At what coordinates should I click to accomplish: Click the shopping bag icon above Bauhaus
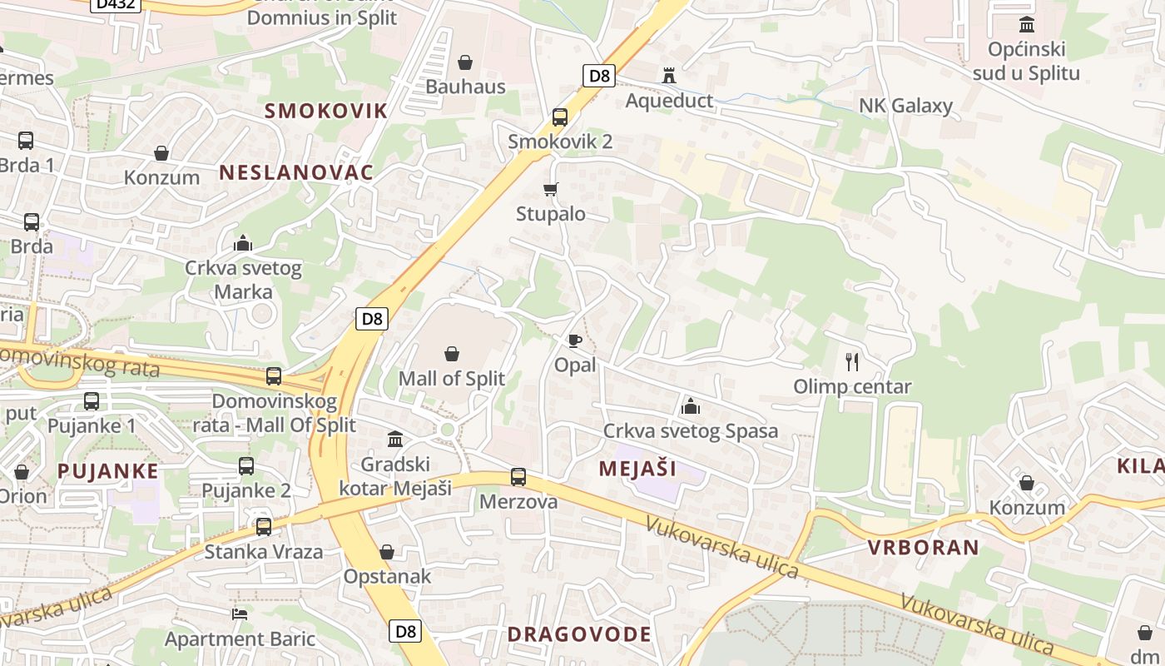[x=465, y=62]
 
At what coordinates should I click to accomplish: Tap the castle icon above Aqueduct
[x=669, y=76]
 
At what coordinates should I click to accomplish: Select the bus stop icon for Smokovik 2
[x=560, y=117]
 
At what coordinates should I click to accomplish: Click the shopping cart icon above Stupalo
[x=550, y=190]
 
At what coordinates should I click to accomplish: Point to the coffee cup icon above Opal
[x=574, y=340]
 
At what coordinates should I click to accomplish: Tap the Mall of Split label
[x=451, y=379]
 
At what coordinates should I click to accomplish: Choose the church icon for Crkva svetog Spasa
[x=690, y=406]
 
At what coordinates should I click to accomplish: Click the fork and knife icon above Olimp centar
[x=851, y=362]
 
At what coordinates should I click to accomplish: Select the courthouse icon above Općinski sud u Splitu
[x=1027, y=25]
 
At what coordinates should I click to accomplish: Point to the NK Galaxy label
[x=905, y=106]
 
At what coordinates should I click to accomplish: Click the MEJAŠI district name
[x=637, y=469]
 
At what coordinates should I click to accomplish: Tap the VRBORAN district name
[x=924, y=548]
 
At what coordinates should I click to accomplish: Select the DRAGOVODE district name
[x=579, y=634]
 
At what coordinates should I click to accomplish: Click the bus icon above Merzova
[x=518, y=477]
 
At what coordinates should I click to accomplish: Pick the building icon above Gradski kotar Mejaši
[x=395, y=439]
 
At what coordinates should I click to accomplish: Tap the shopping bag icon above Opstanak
[x=387, y=552]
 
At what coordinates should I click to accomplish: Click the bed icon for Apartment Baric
[x=240, y=614]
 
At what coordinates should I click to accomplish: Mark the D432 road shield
[x=116, y=4]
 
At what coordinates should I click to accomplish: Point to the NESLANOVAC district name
[x=296, y=173]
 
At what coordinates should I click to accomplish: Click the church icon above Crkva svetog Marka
[x=243, y=244]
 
